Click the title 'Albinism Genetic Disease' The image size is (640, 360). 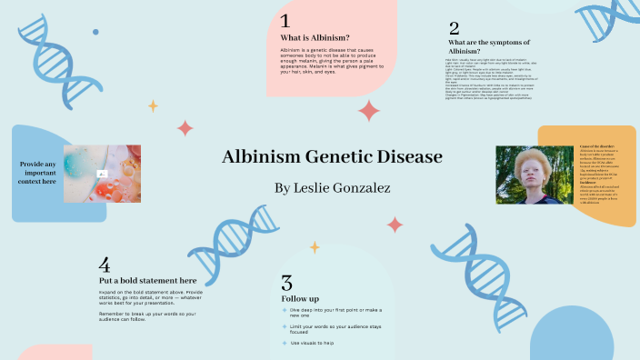[319, 157]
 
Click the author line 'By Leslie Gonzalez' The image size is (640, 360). [319, 188]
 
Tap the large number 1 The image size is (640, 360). [285, 20]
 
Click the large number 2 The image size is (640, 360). [454, 29]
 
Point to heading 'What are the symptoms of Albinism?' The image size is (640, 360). [488, 46]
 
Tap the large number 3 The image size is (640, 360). [287, 283]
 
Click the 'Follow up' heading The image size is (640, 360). [300, 298]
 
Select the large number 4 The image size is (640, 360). [105, 265]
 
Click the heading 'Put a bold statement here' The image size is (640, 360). [147, 281]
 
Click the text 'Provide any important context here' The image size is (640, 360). [37, 173]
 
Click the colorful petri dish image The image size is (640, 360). [102, 173]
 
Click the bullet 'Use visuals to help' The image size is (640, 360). [312, 343]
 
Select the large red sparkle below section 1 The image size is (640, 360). [369, 111]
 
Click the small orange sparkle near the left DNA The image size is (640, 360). [153, 105]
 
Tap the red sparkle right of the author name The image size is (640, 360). [395, 224]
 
